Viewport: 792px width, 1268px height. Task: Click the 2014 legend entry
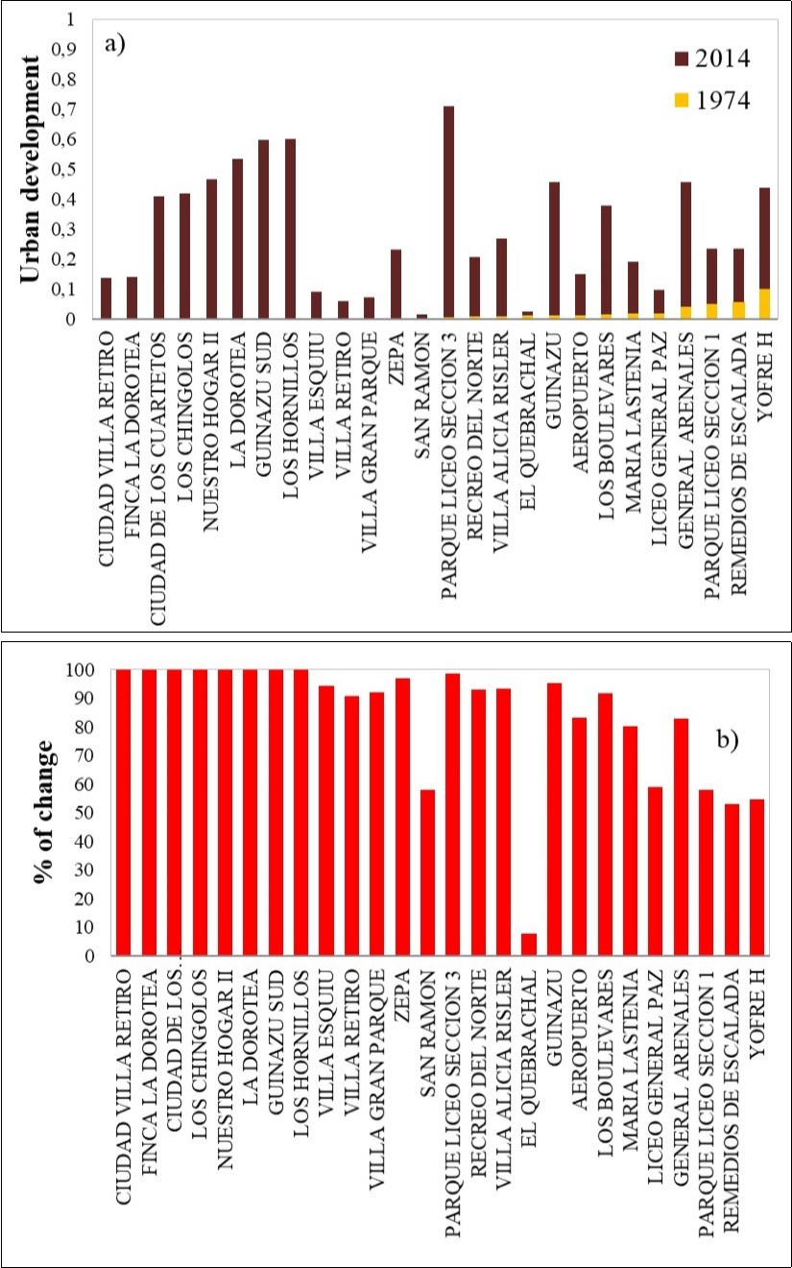point(709,59)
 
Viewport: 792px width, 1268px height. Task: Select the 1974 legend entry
point(709,100)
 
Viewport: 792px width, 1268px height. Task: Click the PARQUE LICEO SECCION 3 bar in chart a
point(448,211)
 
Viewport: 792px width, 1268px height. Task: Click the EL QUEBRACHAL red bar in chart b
point(529,945)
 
